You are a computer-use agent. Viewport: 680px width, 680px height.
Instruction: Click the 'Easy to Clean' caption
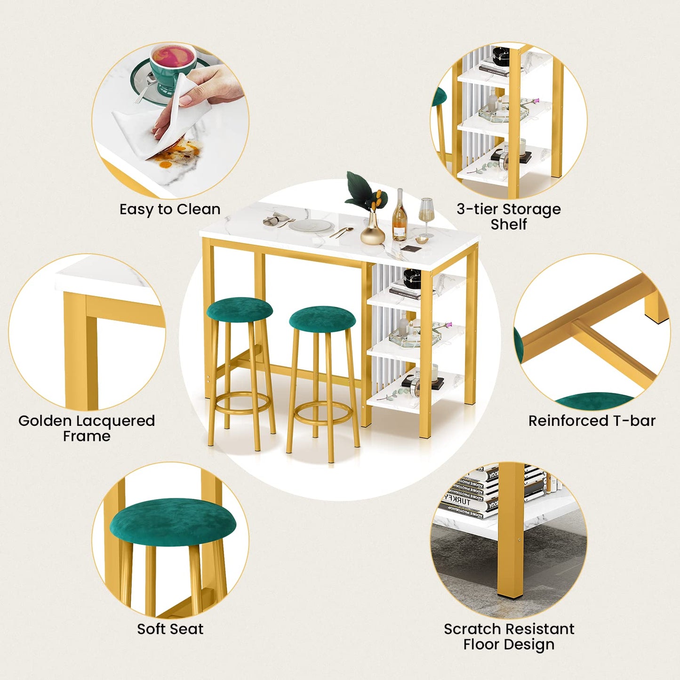pyautogui.click(x=170, y=209)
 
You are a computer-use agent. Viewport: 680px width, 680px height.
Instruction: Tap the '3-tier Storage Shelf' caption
pyautogui.click(x=508, y=216)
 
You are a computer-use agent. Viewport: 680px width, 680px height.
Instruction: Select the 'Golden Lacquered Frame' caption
pyautogui.click(x=87, y=428)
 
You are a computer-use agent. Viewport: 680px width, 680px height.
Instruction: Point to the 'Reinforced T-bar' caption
pyautogui.click(x=592, y=421)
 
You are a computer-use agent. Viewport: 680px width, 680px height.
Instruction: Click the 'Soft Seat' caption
pyautogui.click(x=170, y=629)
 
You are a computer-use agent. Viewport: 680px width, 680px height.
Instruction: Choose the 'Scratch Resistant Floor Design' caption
pyautogui.click(x=509, y=636)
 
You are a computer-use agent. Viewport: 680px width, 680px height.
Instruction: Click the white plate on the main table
pyautogui.click(x=311, y=226)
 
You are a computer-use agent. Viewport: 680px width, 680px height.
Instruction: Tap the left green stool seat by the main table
pyautogui.click(x=240, y=309)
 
